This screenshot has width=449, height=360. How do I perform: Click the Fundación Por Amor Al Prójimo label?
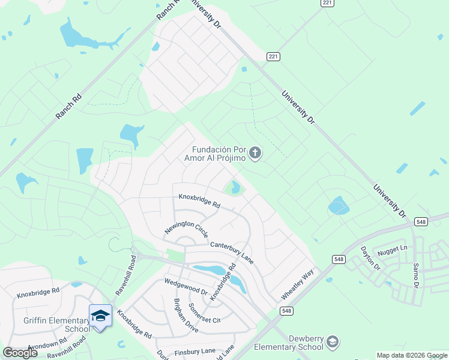coord(218,154)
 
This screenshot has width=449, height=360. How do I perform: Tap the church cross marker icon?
coord(255,154)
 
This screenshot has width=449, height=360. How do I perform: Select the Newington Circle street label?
coord(187,228)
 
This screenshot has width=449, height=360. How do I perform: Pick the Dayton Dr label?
coord(370,257)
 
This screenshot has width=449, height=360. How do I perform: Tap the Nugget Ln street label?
coord(396,248)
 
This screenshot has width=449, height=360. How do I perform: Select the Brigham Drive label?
coord(185,315)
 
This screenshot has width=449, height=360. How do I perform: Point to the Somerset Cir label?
coord(205,313)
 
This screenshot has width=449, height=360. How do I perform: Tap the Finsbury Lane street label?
coord(195,352)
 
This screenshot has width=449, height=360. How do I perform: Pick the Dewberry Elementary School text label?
coord(289,343)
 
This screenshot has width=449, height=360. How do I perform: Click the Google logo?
coord(20,353)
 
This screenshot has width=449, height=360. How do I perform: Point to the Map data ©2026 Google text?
coord(412,355)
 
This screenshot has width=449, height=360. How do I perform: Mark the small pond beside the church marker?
coord(235,188)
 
